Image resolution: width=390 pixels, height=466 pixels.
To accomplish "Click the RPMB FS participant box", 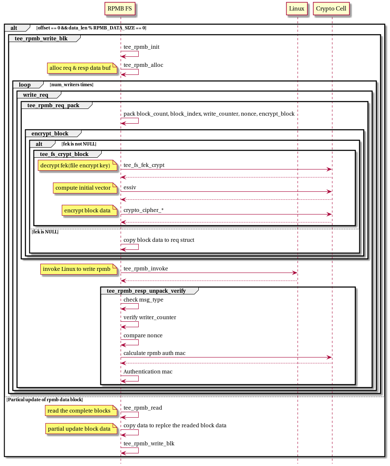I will point(120,8).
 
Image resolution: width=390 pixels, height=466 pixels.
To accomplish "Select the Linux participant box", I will point(297,8).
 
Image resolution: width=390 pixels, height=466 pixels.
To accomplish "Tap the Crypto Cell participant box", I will point(331,8).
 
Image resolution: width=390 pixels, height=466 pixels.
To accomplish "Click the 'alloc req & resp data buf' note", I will point(82,68).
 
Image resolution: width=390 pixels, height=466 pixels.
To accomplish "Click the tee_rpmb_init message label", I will point(141,47).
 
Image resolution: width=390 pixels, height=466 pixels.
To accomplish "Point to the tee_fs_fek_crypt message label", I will point(144,165).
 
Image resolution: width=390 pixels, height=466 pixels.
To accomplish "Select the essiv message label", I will point(130,187).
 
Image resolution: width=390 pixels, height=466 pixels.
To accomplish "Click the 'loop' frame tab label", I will point(25,85).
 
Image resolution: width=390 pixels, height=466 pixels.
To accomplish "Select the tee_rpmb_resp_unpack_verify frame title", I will point(146,291).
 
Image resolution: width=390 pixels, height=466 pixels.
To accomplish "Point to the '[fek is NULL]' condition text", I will point(45,232).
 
